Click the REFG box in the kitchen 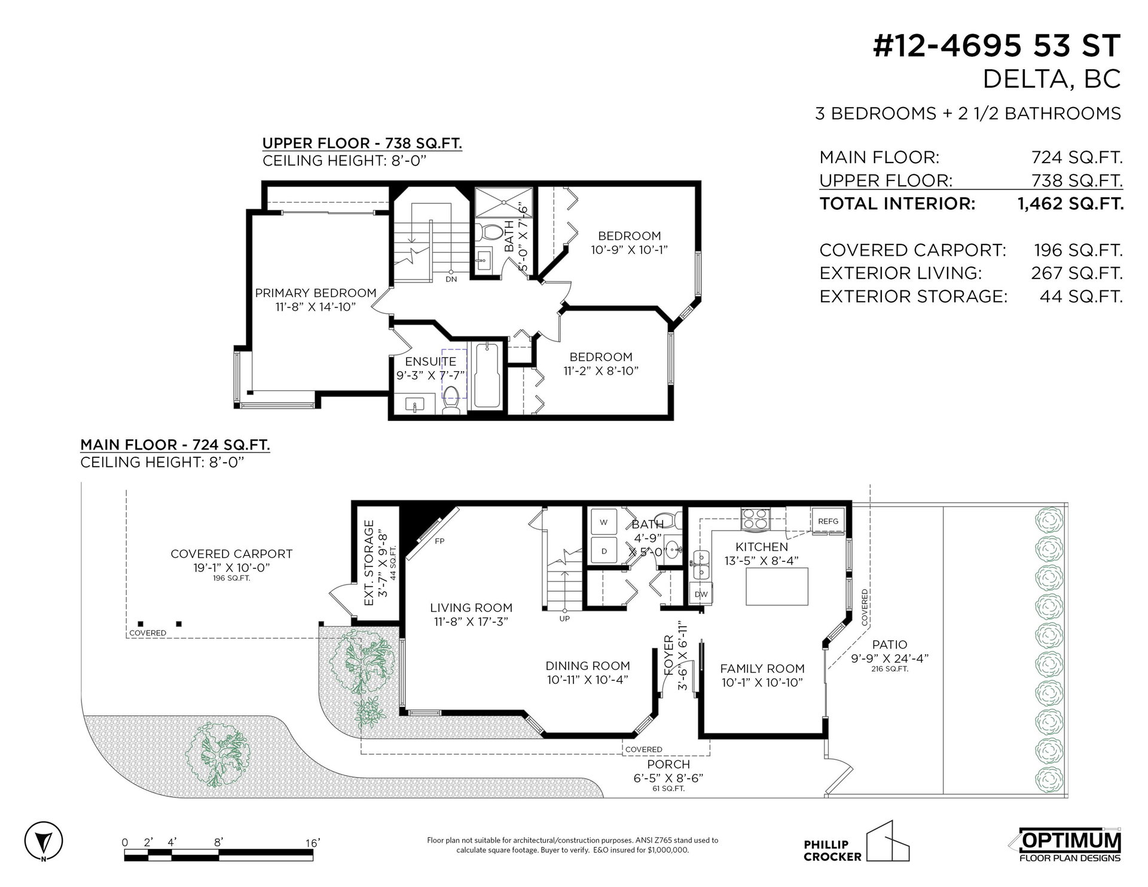click(828, 520)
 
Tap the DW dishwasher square click(701, 594)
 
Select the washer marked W click(604, 522)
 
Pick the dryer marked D click(604, 550)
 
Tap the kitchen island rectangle click(777, 586)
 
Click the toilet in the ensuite click(451, 400)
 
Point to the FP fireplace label click(439, 541)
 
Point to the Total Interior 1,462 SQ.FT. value click(1071, 204)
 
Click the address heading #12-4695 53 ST click(997, 46)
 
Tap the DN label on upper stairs click(451, 279)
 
